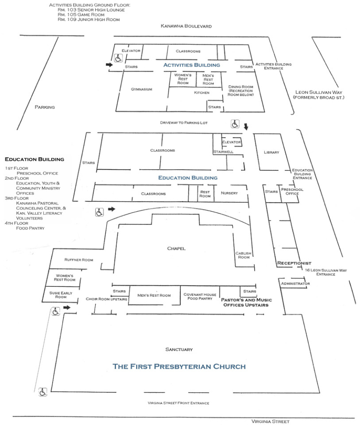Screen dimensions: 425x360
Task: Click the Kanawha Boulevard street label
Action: (186, 26)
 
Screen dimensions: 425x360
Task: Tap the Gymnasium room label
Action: (141, 89)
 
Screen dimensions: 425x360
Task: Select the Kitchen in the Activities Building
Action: (201, 93)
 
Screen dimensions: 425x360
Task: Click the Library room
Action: (271, 152)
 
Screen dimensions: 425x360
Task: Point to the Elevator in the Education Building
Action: (232, 142)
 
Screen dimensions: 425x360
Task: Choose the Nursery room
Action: (229, 193)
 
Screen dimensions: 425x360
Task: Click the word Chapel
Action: (176, 248)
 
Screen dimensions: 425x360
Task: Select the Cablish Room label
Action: (243, 255)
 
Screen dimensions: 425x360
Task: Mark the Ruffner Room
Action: (78, 260)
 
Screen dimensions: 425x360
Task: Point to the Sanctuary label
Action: (179, 350)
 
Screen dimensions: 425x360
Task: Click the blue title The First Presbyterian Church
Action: (179, 367)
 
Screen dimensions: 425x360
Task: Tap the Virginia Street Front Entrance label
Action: (178, 403)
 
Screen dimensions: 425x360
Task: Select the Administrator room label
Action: (295, 283)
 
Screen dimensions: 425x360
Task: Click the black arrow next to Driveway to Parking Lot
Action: (246, 127)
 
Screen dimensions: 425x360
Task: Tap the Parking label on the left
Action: (45, 107)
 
